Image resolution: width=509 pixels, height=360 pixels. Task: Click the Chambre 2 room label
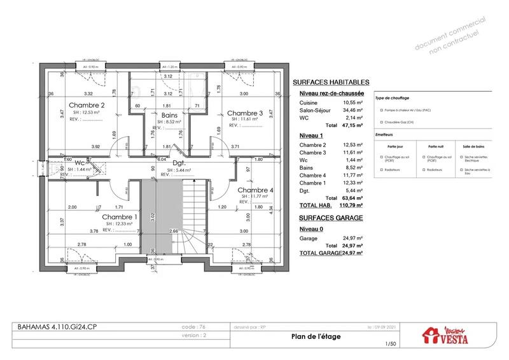(x=87, y=105)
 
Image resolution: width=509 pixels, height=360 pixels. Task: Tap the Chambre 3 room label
(x=245, y=113)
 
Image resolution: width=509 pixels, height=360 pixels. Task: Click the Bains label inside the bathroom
(x=169, y=114)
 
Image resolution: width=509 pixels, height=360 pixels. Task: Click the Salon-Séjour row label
(x=316, y=110)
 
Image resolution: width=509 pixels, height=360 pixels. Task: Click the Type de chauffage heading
(x=392, y=99)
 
